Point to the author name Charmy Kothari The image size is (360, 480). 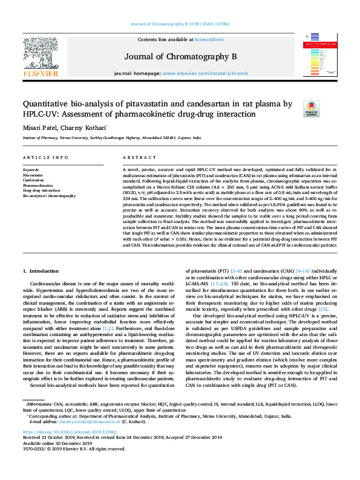pos(85,128)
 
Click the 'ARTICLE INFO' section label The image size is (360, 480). pos(45,157)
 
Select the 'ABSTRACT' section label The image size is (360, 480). pos(135,157)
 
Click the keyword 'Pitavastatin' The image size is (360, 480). pos(33,175)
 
